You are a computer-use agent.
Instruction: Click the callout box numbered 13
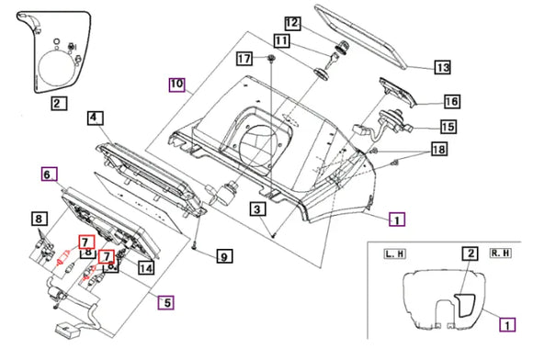(443, 67)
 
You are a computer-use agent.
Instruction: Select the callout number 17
(244, 59)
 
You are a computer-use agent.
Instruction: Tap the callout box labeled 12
(292, 23)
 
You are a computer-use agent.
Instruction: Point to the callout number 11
(281, 40)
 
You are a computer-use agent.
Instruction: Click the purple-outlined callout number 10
(177, 84)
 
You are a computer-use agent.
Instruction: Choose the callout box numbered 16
(452, 101)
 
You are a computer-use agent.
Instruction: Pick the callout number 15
(448, 127)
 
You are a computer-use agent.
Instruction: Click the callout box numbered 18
(439, 149)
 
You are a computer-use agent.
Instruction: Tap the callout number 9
(224, 256)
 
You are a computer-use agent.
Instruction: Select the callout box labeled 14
(146, 267)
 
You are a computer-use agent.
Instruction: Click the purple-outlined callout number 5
(166, 302)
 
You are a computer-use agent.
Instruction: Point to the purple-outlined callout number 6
(50, 174)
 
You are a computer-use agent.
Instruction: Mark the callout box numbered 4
(96, 118)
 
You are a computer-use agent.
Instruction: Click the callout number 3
(257, 209)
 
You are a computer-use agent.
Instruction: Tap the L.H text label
(394, 253)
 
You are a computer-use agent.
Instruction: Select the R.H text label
(501, 253)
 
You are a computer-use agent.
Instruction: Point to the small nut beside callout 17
(271, 58)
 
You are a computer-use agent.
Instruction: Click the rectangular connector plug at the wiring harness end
(68, 331)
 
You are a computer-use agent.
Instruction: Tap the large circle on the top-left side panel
(56, 66)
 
